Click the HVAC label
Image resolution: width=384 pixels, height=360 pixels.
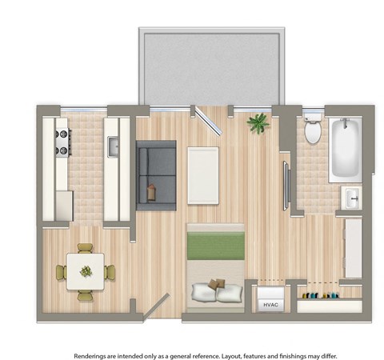coord(267,304)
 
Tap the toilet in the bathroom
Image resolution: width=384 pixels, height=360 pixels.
coord(313,129)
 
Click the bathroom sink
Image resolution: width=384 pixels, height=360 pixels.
coord(351,197)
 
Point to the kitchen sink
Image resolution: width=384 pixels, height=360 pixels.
coord(113,146)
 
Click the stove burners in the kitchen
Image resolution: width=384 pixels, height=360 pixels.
coord(61,142)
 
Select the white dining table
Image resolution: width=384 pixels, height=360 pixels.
coord(85,270)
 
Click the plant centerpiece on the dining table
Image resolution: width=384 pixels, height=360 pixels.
coord(86,271)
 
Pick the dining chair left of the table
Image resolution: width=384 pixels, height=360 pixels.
coord(61,272)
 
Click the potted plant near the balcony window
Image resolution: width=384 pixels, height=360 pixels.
coord(258,122)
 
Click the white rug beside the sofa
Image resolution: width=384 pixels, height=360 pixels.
coord(203,174)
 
